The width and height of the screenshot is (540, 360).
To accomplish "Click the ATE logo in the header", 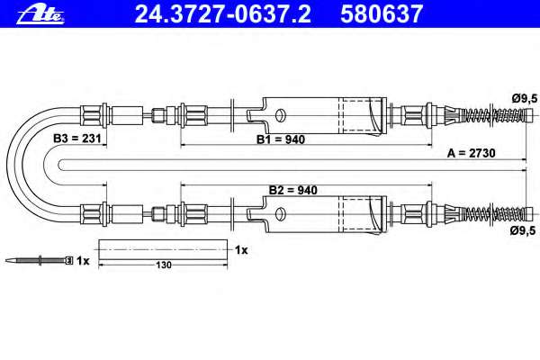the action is coord(40,14).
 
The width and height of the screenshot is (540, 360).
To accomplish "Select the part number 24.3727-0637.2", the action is coord(223,14).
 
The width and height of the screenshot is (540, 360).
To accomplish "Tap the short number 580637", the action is coord(382,14).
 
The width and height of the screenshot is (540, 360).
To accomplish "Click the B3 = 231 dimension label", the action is coord(77,139).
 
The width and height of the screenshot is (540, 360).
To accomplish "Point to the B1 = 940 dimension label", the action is coord(281,139).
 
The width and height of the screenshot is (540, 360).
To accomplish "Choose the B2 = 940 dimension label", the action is coord(293,190).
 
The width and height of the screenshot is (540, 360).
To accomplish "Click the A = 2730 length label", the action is coord(471,153).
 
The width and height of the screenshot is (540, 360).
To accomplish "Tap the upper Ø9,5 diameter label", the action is coord(525,98).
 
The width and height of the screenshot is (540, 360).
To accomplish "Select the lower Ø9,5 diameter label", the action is coord(523,230).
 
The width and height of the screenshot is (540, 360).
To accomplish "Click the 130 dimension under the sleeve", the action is coord(164,265).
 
